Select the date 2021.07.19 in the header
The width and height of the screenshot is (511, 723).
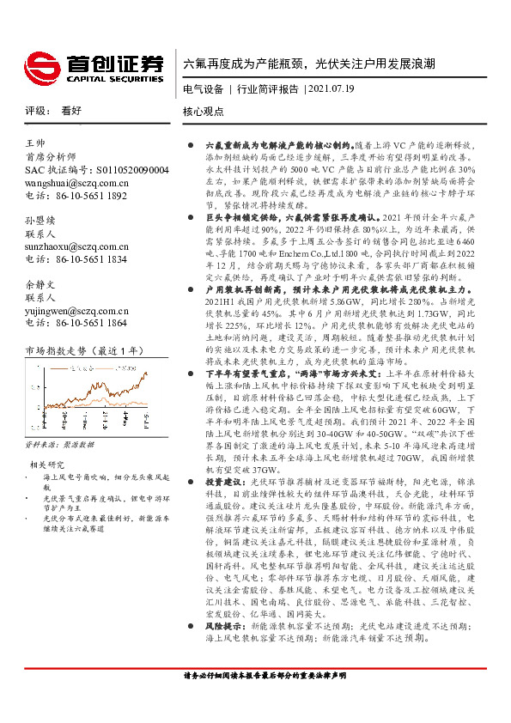coord(330,88)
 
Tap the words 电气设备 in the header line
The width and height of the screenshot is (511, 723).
coord(203,88)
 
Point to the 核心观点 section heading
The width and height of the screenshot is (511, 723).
coord(203,112)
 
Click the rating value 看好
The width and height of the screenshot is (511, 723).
coord(71,111)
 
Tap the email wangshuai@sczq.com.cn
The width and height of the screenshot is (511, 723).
coord(77,183)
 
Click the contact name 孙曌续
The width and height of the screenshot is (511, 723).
coord(40,221)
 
